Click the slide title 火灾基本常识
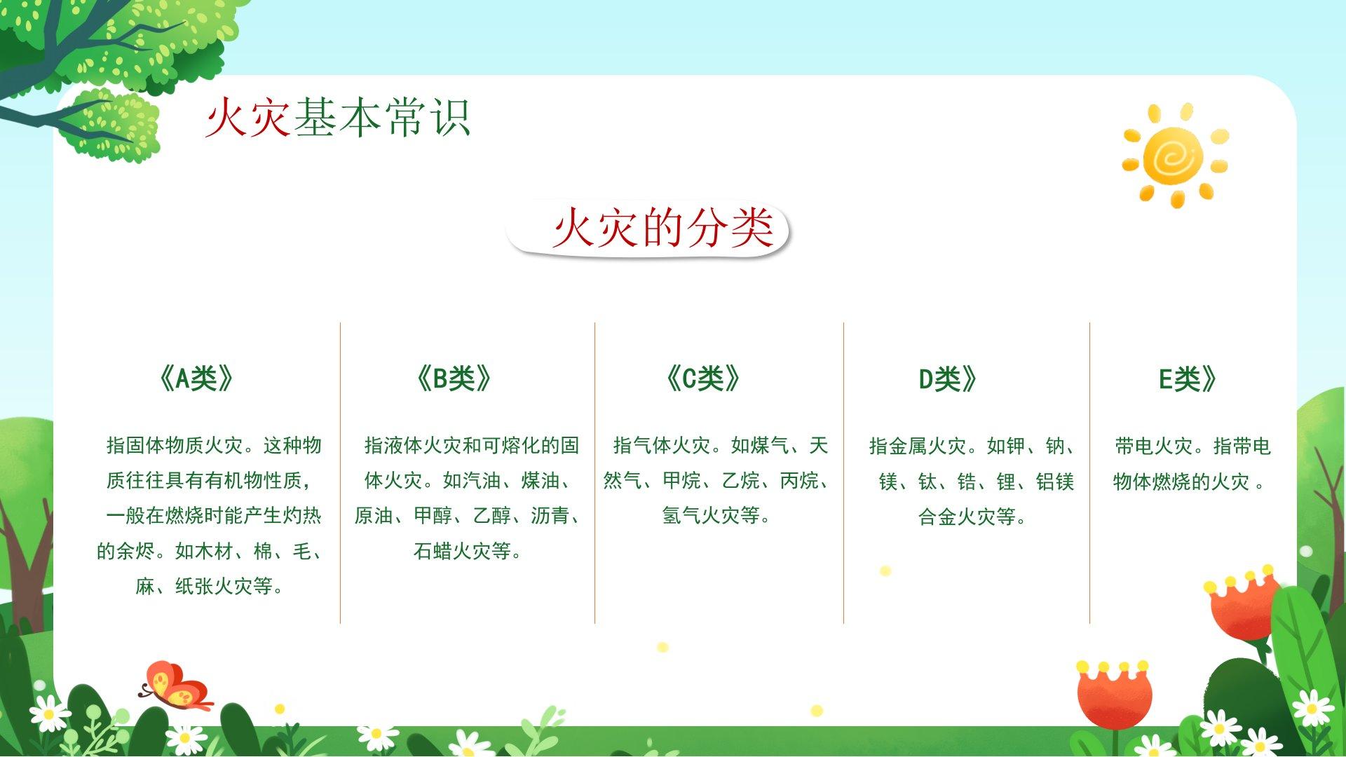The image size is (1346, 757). click(x=337, y=117)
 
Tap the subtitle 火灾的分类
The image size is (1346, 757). click(x=662, y=228)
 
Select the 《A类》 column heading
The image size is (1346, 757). click(x=196, y=378)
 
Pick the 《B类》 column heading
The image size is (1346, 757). click(x=454, y=378)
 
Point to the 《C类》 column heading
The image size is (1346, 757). click(x=702, y=378)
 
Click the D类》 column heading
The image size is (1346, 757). click(x=948, y=379)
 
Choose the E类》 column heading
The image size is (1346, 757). click(x=1188, y=379)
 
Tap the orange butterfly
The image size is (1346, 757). click(x=177, y=686)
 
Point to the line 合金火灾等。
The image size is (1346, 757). click(x=972, y=517)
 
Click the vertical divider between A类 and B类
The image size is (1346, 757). click(x=340, y=472)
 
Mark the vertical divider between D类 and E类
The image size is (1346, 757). click(x=1089, y=472)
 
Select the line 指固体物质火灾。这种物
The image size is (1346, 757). click(x=214, y=445)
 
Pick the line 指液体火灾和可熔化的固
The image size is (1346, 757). click(x=471, y=445)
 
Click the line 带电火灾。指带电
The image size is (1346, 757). click(x=1192, y=446)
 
